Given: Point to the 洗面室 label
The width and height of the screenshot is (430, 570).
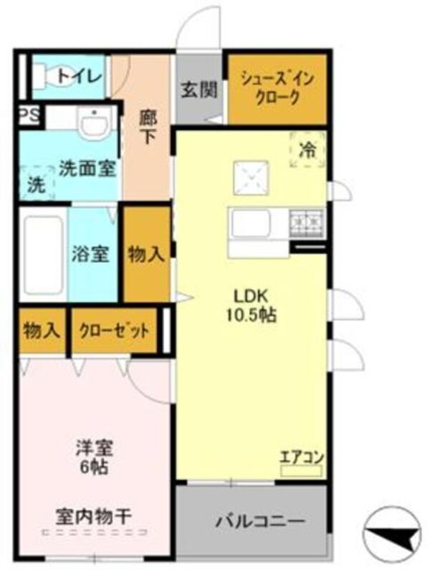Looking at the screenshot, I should point(87,169).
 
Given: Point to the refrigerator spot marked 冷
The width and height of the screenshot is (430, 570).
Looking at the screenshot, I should point(307,151).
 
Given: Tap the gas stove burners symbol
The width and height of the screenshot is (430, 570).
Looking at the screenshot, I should point(306,223).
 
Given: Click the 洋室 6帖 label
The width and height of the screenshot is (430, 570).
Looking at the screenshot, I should point(95,458).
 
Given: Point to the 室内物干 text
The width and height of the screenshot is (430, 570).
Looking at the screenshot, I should point(95,515).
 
